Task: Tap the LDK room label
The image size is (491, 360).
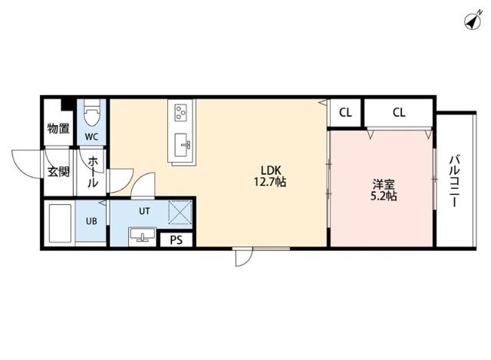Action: click(x=269, y=170)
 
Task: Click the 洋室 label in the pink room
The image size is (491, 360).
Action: click(x=384, y=184)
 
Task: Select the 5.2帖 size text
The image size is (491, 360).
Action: click(x=384, y=197)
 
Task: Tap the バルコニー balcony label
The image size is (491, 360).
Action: click(x=454, y=183)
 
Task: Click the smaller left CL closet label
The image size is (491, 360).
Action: click(x=346, y=113)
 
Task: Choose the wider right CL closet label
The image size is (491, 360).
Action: click(x=399, y=113)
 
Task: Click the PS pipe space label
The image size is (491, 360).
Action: click(x=176, y=239)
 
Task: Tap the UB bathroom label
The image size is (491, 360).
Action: click(x=91, y=221)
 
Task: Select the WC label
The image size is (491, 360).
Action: click(x=91, y=137)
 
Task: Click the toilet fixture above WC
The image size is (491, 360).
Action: click(x=92, y=116)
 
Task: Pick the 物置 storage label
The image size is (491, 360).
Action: click(x=58, y=128)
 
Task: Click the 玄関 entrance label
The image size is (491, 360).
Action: click(x=58, y=171)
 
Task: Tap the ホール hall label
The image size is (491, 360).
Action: click(x=92, y=173)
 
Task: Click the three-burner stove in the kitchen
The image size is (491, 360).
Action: click(x=182, y=114)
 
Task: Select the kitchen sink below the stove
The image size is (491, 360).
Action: click(x=184, y=143)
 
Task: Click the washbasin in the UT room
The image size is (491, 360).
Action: click(x=140, y=234)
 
